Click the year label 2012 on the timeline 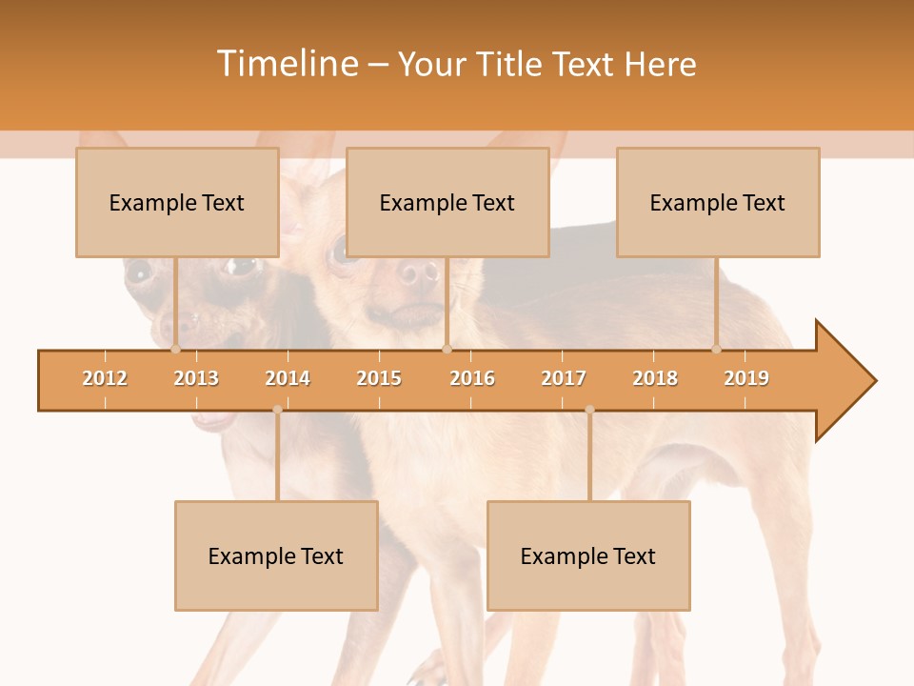[x=105, y=378]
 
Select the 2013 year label [x=196, y=378]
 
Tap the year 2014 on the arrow [x=288, y=378]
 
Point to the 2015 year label [x=379, y=378]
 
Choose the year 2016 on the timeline [x=472, y=378]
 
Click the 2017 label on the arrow [x=564, y=378]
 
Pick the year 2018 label [x=655, y=378]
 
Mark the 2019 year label [x=746, y=378]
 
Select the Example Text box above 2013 [x=177, y=202]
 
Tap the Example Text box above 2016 [x=447, y=202]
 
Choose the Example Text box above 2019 [x=718, y=202]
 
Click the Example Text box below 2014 [x=276, y=555]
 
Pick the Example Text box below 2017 [x=588, y=555]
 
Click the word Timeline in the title [x=287, y=64]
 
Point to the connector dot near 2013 [x=176, y=350]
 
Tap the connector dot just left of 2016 [x=447, y=350]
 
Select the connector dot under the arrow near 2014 [x=277, y=410]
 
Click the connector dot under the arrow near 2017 [x=589, y=410]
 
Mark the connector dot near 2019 [x=717, y=350]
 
